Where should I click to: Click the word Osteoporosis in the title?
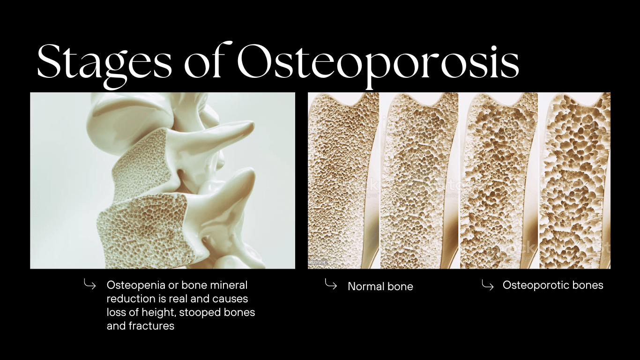pyautogui.click(x=378, y=61)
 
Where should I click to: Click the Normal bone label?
pyautogui.click(x=380, y=286)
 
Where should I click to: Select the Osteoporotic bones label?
pyautogui.click(x=553, y=285)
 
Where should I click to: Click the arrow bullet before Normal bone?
pyautogui.click(x=331, y=285)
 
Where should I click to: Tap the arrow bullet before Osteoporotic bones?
pyautogui.click(x=487, y=285)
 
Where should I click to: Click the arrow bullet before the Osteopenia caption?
pyautogui.click(x=89, y=284)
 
